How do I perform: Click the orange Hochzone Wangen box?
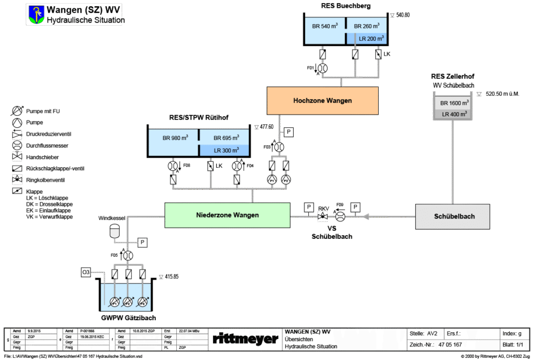323,100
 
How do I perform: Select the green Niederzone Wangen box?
227,215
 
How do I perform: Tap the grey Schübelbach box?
453,216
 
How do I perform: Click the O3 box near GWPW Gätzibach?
87,272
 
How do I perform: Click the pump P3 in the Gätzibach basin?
142,303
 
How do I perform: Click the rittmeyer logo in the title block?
245,339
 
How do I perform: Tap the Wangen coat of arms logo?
36,14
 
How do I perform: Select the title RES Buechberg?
346,6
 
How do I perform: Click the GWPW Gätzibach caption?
128,318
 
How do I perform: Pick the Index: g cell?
512,333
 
